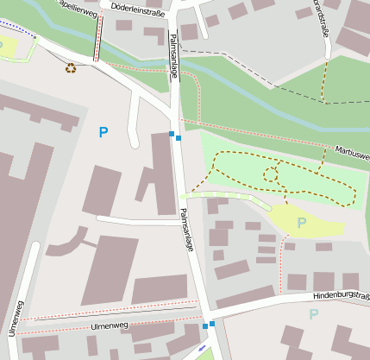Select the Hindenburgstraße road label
(x=342, y=297)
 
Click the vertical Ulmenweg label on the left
(x=14, y=319)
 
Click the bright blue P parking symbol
(x=103, y=132)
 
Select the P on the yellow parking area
(x=302, y=223)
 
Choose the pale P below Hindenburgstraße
(x=313, y=314)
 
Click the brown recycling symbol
(x=71, y=67)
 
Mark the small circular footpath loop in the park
(x=270, y=175)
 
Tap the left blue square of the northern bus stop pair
(x=172, y=134)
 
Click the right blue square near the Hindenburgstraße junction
(x=212, y=323)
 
